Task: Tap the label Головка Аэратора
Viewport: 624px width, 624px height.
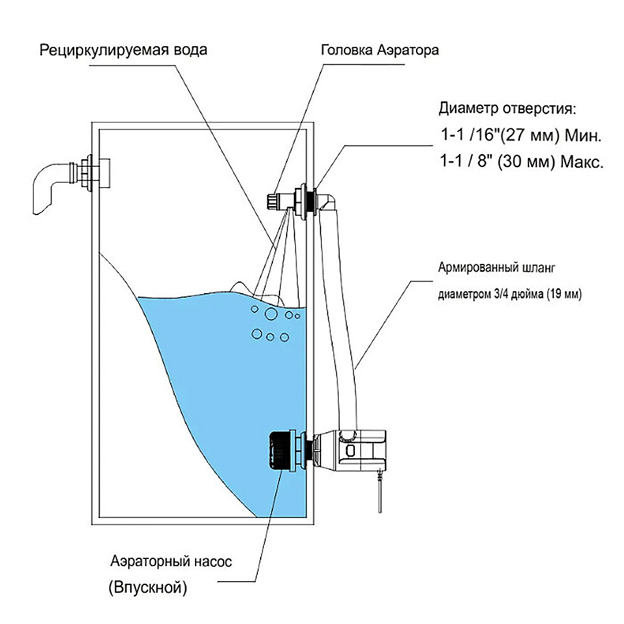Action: tap(380, 50)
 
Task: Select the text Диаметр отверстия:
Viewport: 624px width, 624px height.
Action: tap(508, 107)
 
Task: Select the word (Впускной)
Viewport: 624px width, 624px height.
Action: tap(148, 589)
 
